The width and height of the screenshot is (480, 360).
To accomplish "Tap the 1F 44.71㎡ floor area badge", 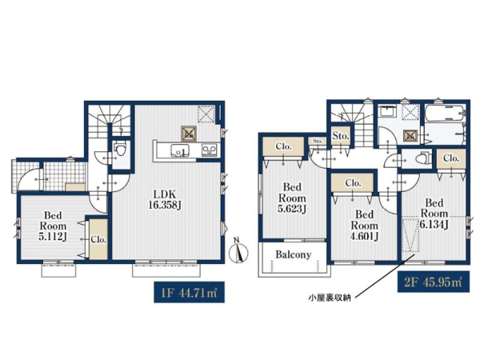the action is tap(189, 292).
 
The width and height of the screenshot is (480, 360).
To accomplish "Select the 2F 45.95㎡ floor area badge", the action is tap(433, 282).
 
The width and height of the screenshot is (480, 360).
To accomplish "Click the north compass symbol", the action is tap(238, 250).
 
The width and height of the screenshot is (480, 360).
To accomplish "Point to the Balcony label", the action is tap(293, 254).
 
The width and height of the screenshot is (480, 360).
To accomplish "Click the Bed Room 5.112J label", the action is tap(54, 226).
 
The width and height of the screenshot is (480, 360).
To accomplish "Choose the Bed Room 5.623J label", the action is tap(292, 198).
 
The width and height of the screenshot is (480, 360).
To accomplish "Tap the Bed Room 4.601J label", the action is tap(364, 226).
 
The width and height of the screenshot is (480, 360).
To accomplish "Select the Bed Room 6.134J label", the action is tap(434, 214).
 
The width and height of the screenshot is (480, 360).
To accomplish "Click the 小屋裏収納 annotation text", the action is tap(330, 298).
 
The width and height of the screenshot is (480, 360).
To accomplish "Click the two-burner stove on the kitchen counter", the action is tap(210, 150).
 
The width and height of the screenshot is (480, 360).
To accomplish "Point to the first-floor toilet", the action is tap(120, 150).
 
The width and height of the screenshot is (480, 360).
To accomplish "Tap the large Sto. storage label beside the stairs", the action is tap(341, 136).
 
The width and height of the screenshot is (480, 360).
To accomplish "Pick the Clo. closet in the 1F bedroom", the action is tap(98, 239).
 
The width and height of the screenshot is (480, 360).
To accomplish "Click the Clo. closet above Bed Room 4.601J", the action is tap(353, 183).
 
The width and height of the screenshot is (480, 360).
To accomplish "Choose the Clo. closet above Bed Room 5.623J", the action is tap(283, 146).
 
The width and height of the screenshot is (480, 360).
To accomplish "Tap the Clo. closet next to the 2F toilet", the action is tap(451, 158).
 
